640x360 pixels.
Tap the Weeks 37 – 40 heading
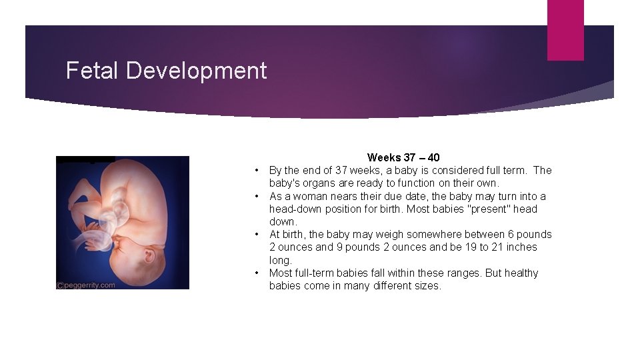403,158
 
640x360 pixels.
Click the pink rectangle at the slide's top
565,30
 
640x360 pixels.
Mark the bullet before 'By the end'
257,171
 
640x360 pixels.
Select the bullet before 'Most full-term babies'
257,273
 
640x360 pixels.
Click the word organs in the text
315,183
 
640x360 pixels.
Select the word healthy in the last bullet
521,273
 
